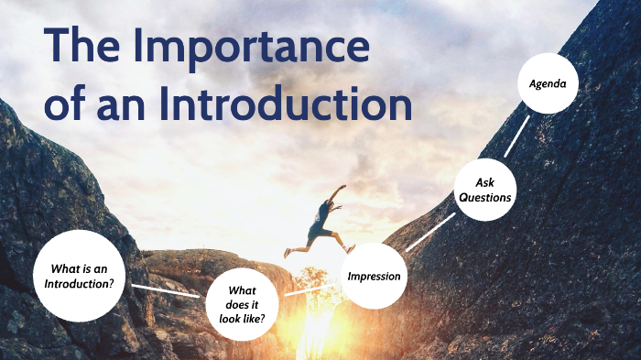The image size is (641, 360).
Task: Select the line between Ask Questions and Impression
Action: [430, 233]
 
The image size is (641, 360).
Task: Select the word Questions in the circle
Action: [485, 198]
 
